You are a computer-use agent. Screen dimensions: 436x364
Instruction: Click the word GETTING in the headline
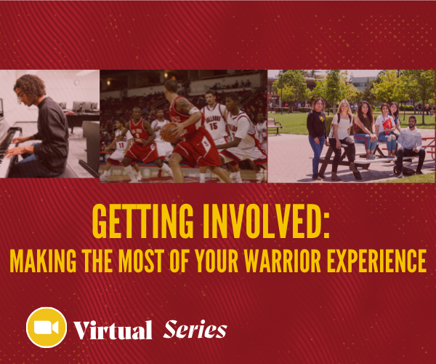[142, 221]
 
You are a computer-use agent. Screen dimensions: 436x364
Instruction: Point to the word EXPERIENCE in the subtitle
[376, 261]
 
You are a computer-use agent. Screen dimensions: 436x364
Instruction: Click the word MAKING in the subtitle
[43, 261]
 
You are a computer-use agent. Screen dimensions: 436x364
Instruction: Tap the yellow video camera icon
[47, 328]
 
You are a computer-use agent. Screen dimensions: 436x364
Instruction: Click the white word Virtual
[113, 330]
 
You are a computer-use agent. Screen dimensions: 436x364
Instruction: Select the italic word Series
[195, 329]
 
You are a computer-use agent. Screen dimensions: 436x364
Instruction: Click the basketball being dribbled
[169, 132]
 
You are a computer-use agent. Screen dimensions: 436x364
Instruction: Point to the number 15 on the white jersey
[214, 126]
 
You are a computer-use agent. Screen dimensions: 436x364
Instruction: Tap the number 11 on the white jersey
[121, 145]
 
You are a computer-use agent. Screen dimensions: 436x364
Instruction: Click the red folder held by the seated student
[387, 125]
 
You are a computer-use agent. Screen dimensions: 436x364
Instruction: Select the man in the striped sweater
[411, 146]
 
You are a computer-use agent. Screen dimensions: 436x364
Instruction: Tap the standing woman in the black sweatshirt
[317, 138]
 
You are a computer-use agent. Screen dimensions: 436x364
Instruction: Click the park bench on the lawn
[275, 126]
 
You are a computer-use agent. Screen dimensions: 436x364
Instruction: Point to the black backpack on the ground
[405, 170]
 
